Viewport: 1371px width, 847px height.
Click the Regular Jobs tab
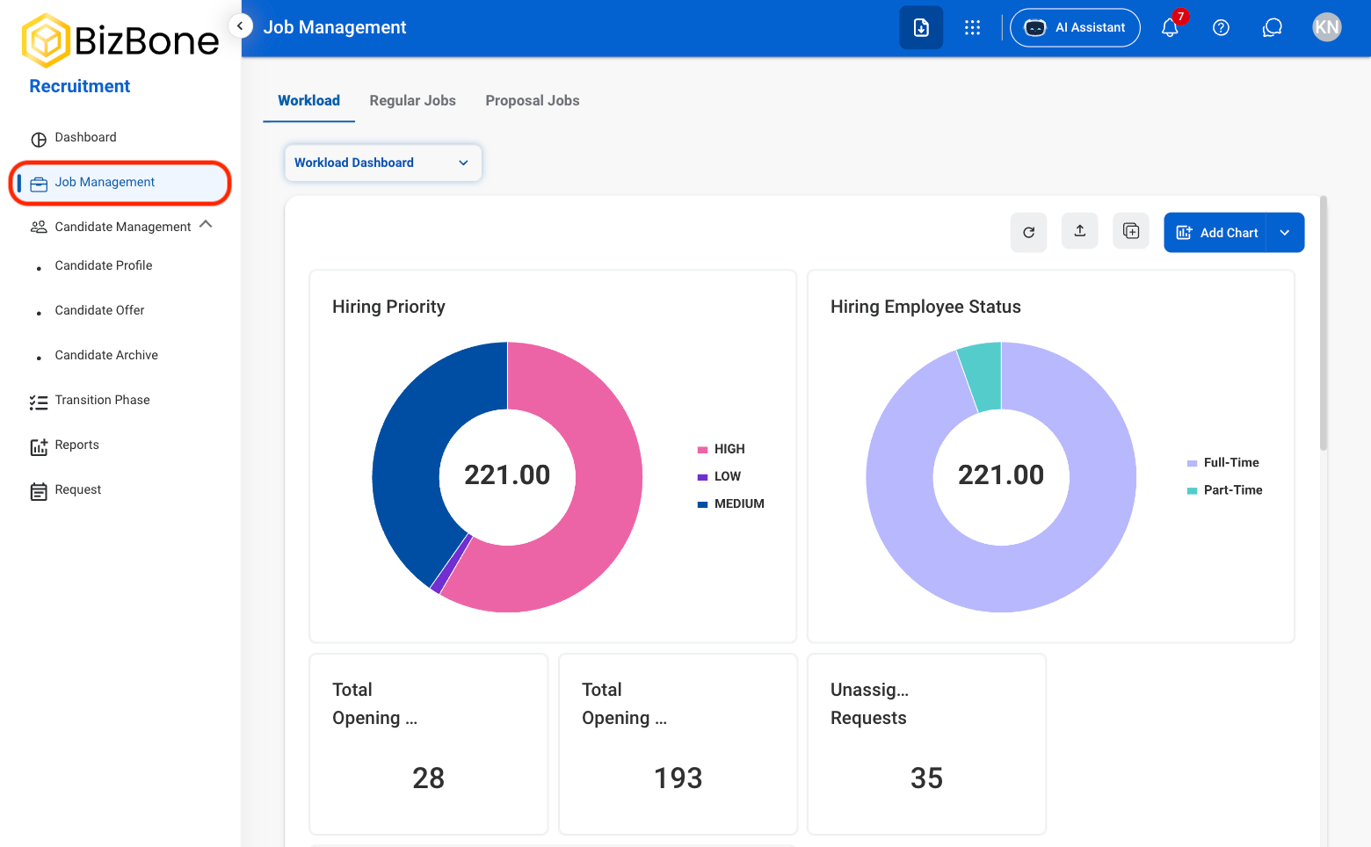click(x=412, y=100)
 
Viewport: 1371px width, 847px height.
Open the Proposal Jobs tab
click(x=532, y=100)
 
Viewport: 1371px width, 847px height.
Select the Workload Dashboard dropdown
click(x=383, y=163)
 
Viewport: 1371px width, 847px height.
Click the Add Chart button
click(x=1215, y=233)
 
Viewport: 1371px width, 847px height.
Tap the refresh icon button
click(x=1028, y=233)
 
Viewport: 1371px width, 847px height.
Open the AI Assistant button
click(x=1075, y=27)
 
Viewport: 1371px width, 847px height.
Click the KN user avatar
click(x=1326, y=27)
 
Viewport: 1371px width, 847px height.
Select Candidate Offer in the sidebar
click(x=100, y=310)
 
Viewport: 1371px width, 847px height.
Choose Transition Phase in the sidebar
click(x=102, y=401)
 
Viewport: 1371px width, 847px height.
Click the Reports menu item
click(x=76, y=445)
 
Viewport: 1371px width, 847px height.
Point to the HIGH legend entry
click(x=722, y=449)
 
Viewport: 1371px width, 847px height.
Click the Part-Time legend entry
click(x=1225, y=490)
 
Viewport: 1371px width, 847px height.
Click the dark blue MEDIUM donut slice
click(x=423, y=452)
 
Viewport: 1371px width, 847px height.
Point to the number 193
click(x=678, y=778)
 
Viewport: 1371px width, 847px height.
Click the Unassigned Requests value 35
click(x=926, y=778)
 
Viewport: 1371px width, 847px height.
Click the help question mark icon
click(x=1221, y=27)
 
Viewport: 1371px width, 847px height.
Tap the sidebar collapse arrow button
click(x=241, y=26)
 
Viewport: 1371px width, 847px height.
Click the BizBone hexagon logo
click(x=46, y=41)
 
